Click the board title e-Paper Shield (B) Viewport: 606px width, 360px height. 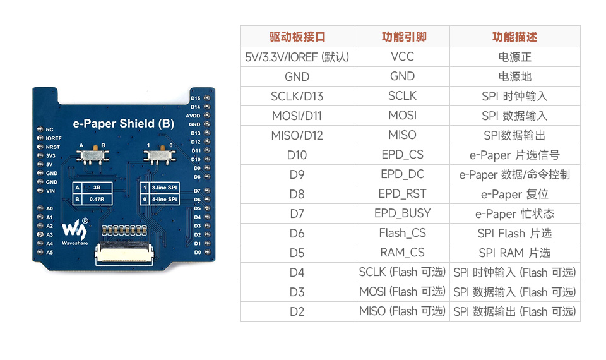(x=123, y=124)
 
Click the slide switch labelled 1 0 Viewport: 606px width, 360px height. (x=160, y=155)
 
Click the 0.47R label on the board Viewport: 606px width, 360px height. (x=97, y=199)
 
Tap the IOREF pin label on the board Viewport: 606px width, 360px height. (x=54, y=138)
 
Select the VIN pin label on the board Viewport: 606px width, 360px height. (x=50, y=190)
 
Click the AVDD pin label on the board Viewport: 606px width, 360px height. (x=193, y=116)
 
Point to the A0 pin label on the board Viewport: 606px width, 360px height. (x=50, y=208)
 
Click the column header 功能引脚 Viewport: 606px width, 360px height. (x=402, y=37)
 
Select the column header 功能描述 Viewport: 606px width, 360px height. (x=514, y=37)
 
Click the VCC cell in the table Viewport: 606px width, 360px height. (x=402, y=57)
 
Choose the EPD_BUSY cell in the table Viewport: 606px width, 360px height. (x=402, y=213)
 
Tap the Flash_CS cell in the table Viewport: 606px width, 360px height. (x=402, y=233)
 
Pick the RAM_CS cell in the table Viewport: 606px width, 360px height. (x=402, y=253)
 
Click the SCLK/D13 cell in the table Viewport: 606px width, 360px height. (x=297, y=96)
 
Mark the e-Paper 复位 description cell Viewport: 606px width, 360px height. (x=514, y=194)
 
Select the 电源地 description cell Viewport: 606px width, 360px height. (x=514, y=76)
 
